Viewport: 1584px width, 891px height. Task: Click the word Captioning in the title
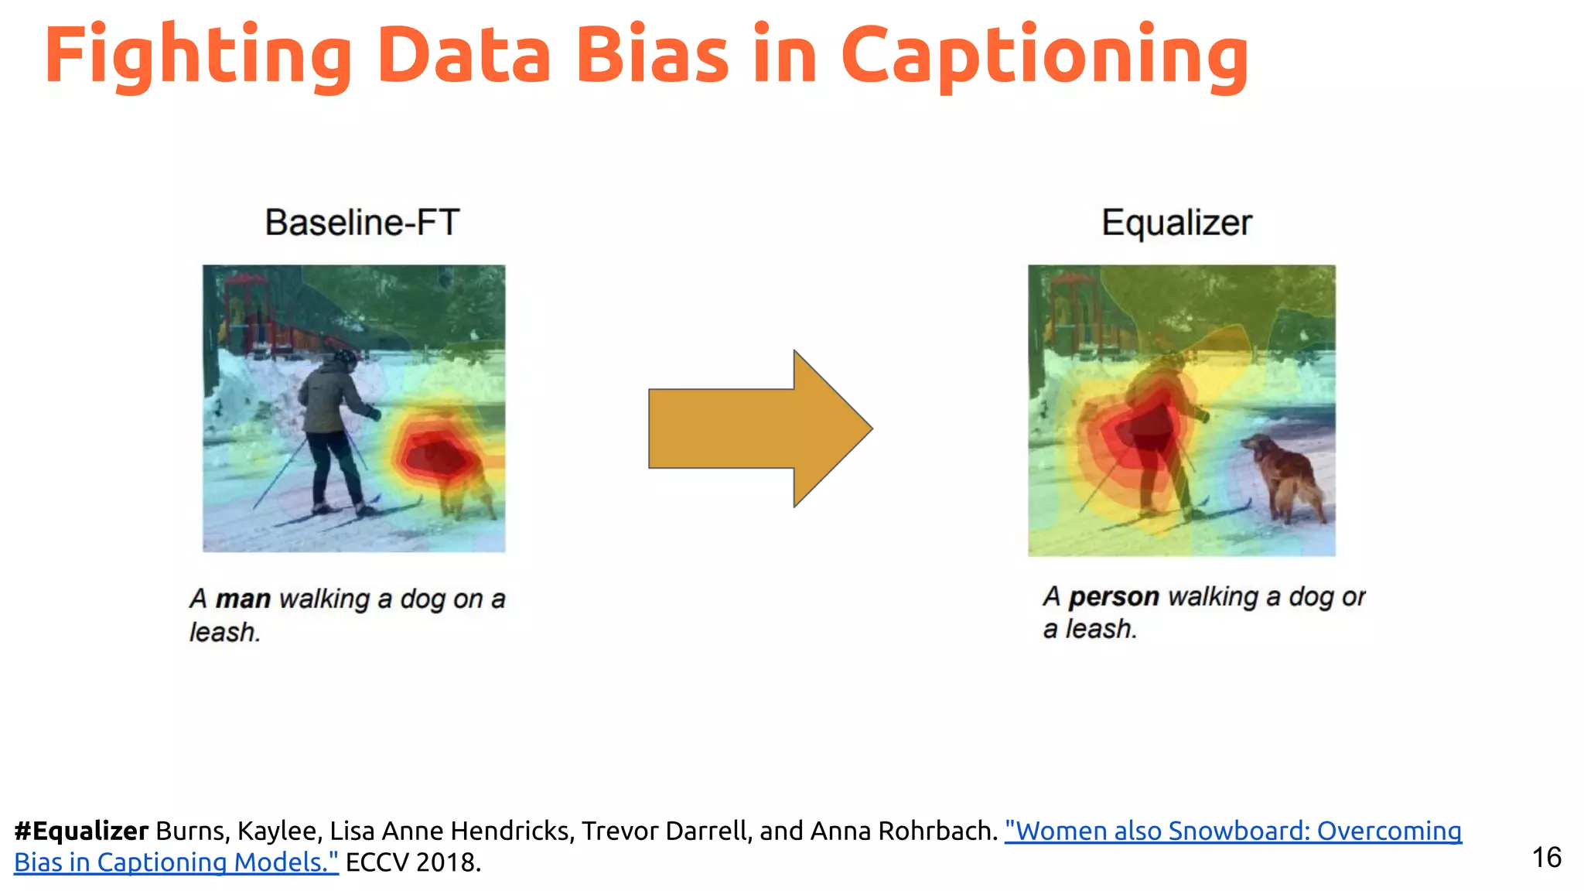(1044, 56)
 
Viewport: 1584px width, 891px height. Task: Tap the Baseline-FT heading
(362, 223)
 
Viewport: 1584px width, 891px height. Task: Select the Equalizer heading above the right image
(1176, 223)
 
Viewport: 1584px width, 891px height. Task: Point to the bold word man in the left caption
(243, 599)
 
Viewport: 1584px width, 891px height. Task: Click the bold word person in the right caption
(1114, 596)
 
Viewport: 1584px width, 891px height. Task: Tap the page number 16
(1546, 857)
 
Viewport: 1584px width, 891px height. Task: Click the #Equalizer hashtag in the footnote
(81, 831)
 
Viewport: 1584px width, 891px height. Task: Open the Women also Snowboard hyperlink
(1233, 831)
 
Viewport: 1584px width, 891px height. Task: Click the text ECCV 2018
(413, 862)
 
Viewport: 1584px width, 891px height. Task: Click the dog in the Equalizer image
(1284, 476)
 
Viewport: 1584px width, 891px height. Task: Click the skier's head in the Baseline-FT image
(344, 360)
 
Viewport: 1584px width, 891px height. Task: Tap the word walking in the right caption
(1213, 596)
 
